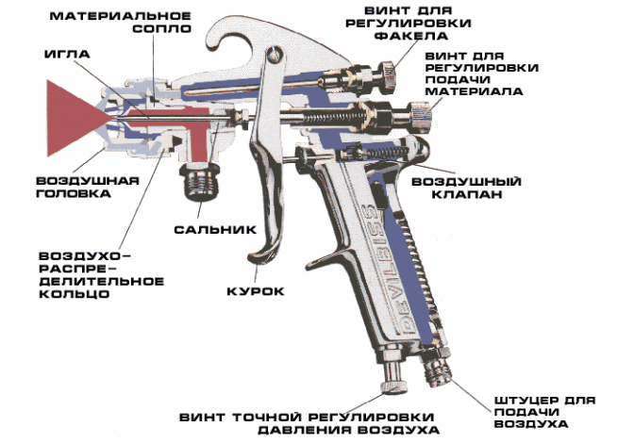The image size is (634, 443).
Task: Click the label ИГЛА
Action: point(67,54)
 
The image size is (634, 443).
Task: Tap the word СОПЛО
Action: point(161,29)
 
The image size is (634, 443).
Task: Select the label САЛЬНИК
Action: point(215,230)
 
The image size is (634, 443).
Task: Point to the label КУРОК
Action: point(256,291)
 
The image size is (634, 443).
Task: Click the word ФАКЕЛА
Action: point(411,36)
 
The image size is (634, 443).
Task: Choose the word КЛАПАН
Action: point(467,194)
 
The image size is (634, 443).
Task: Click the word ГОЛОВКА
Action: point(74,193)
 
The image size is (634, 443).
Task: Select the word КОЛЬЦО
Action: point(75,293)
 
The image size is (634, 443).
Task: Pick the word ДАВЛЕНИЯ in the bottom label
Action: point(297,430)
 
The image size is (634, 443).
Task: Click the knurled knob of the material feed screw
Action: point(421,115)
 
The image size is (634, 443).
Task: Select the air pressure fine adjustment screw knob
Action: point(393,378)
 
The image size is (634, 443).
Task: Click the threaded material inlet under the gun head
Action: point(200,181)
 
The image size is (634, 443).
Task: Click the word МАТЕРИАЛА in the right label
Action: point(474,91)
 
